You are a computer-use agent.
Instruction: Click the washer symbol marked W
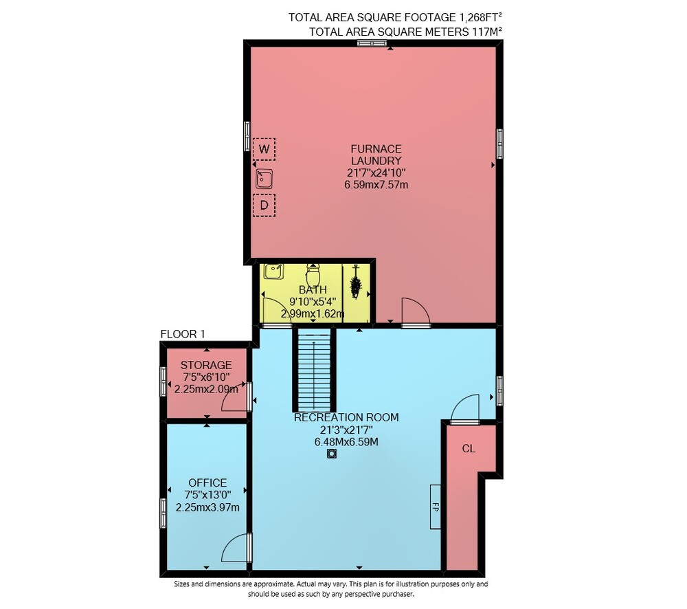point(264,149)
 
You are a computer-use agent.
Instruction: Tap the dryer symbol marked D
point(264,206)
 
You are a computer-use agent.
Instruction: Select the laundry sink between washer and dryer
point(264,179)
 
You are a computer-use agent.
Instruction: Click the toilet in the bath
point(313,275)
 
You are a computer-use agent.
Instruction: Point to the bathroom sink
point(273,271)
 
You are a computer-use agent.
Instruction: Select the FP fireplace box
point(435,507)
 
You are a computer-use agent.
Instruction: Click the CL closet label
point(469,449)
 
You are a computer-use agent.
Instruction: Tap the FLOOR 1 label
point(183,334)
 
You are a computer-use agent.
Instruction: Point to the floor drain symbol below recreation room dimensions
point(332,454)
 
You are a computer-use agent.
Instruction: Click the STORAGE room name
point(206,365)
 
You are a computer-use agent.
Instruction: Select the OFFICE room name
point(207,483)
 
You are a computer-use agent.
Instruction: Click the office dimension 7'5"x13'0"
point(207,495)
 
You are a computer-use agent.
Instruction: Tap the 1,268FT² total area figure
point(480,17)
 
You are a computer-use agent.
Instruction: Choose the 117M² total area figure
point(487,32)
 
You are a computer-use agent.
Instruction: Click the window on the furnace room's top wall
point(372,43)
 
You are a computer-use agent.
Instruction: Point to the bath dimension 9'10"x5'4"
point(313,302)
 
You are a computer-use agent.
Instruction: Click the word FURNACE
point(376,149)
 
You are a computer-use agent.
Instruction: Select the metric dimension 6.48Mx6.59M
point(346,442)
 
